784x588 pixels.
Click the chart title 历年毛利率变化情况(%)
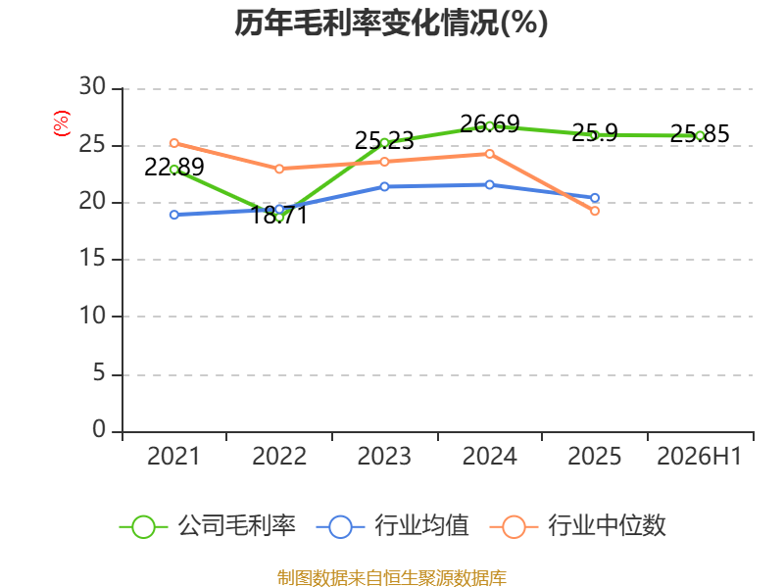click(391, 23)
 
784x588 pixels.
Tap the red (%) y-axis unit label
click(62, 123)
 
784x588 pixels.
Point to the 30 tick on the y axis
click(92, 86)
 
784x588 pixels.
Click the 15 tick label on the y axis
click(92, 258)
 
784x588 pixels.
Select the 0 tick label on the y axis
click(99, 429)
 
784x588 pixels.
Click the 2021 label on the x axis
click(173, 456)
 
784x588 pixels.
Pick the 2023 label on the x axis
click(384, 456)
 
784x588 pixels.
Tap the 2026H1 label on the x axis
click(699, 456)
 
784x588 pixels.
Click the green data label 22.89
click(174, 167)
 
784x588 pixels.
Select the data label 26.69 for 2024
click(489, 123)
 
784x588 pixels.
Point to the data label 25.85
click(700, 133)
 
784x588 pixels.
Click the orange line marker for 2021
click(174, 143)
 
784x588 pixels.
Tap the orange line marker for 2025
click(595, 211)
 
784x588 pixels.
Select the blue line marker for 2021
click(174, 215)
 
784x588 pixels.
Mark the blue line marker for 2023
click(384, 187)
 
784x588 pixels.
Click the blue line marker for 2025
click(595, 198)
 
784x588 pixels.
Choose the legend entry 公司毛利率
click(208, 526)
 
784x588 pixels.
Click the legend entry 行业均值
click(393, 526)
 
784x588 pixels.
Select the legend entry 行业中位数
click(578, 526)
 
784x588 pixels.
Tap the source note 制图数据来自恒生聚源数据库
click(391, 578)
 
